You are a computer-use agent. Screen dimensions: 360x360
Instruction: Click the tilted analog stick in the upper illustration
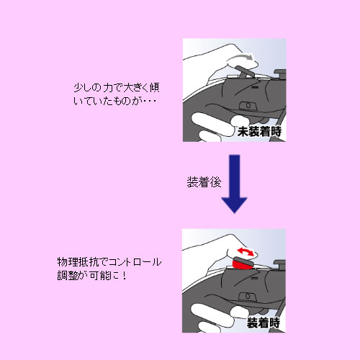pos(243,71)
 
